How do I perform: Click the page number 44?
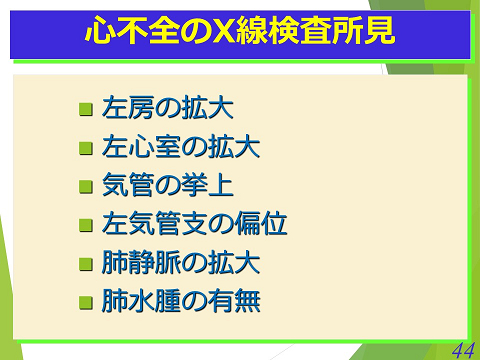coord(462,349)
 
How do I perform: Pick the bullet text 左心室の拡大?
coord(180,148)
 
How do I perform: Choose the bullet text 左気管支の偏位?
coord(194,224)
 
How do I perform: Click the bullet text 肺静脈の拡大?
coord(180,263)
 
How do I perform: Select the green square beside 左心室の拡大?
coord(86,149)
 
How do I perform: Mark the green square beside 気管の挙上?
coord(86,187)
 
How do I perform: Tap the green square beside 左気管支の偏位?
coord(86,225)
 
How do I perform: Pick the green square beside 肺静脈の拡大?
coord(86,264)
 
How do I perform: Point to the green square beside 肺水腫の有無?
coord(86,301)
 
